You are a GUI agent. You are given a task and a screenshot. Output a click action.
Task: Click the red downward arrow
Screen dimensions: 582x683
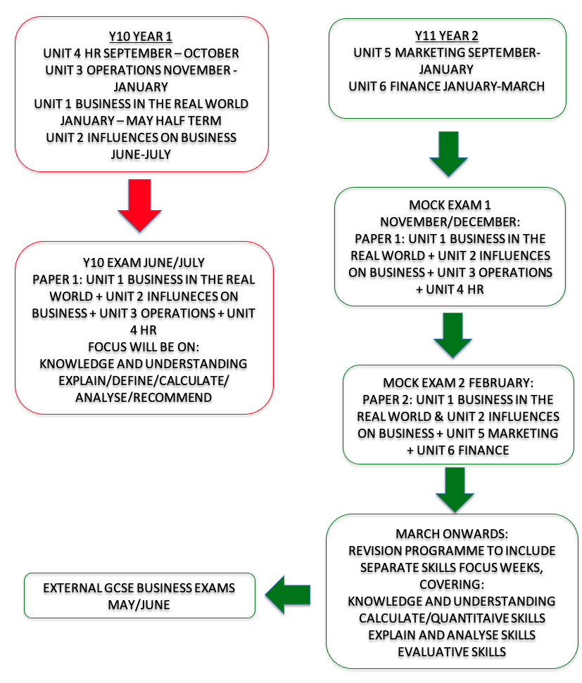click(139, 204)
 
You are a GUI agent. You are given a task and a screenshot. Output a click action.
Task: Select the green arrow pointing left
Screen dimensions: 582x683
click(288, 594)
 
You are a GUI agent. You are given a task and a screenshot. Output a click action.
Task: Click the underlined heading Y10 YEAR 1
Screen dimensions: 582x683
click(141, 36)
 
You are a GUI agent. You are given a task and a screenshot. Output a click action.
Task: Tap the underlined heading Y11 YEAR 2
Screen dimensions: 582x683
click(447, 35)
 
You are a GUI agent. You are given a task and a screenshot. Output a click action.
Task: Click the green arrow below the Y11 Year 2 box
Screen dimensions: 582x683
click(448, 154)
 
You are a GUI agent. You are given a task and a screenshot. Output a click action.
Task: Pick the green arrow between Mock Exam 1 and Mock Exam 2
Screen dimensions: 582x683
click(453, 335)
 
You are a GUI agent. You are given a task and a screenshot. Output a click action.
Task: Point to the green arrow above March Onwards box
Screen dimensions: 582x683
click(455, 490)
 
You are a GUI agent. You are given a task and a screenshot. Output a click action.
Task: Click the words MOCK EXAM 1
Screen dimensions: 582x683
click(450, 204)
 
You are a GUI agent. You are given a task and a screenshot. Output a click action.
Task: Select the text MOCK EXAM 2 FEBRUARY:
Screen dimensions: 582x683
click(458, 382)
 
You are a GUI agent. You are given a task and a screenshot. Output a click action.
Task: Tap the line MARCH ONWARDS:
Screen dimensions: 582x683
click(452, 533)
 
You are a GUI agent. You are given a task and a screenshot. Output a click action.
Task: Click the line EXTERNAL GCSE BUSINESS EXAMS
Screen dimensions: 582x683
click(139, 587)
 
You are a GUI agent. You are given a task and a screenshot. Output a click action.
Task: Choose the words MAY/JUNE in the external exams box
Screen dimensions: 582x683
click(139, 604)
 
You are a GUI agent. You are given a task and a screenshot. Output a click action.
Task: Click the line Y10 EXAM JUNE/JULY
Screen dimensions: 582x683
click(144, 263)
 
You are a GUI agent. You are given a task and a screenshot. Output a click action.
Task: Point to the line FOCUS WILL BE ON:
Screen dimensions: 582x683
click(144, 346)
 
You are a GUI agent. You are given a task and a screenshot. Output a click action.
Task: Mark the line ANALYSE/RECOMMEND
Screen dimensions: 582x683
click(144, 397)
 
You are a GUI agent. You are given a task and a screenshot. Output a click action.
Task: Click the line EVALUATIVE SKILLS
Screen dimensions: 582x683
click(452, 651)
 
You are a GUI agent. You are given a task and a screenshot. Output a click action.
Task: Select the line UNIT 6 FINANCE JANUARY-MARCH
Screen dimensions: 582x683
click(447, 86)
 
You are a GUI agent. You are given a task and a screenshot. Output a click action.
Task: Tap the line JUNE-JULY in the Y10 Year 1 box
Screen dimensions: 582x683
click(141, 154)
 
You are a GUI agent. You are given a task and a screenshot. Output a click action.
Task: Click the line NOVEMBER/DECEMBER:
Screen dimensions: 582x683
click(450, 222)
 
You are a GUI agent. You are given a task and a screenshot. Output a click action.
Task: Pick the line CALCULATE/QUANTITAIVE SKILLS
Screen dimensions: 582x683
click(452, 618)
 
